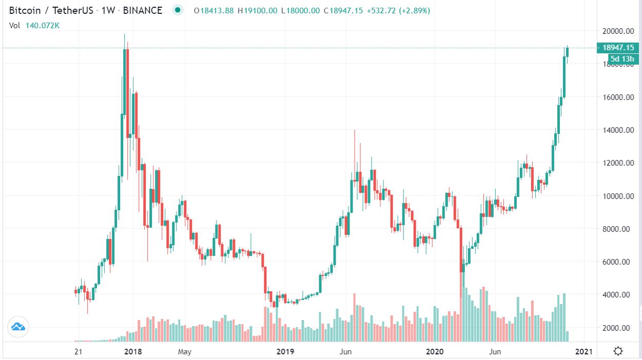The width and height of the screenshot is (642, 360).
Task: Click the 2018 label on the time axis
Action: pos(133,352)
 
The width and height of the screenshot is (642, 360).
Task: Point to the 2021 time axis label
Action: pos(584,352)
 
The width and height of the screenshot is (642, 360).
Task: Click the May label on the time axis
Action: pos(184,352)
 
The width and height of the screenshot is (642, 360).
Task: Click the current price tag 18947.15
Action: pos(618,48)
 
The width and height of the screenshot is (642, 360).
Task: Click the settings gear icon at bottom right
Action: pos(618,351)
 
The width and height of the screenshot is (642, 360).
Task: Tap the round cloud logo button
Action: pos(18,326)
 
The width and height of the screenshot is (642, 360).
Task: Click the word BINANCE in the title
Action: pos(143,10)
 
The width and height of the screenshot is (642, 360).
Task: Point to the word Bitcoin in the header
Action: pos(25,10)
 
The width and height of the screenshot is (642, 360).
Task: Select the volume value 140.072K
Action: pos(42,25)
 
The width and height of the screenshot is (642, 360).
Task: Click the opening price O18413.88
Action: pos(212,10)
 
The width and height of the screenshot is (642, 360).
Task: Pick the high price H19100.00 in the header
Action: pos(261,10)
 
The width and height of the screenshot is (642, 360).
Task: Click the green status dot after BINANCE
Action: pos(178,10)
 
